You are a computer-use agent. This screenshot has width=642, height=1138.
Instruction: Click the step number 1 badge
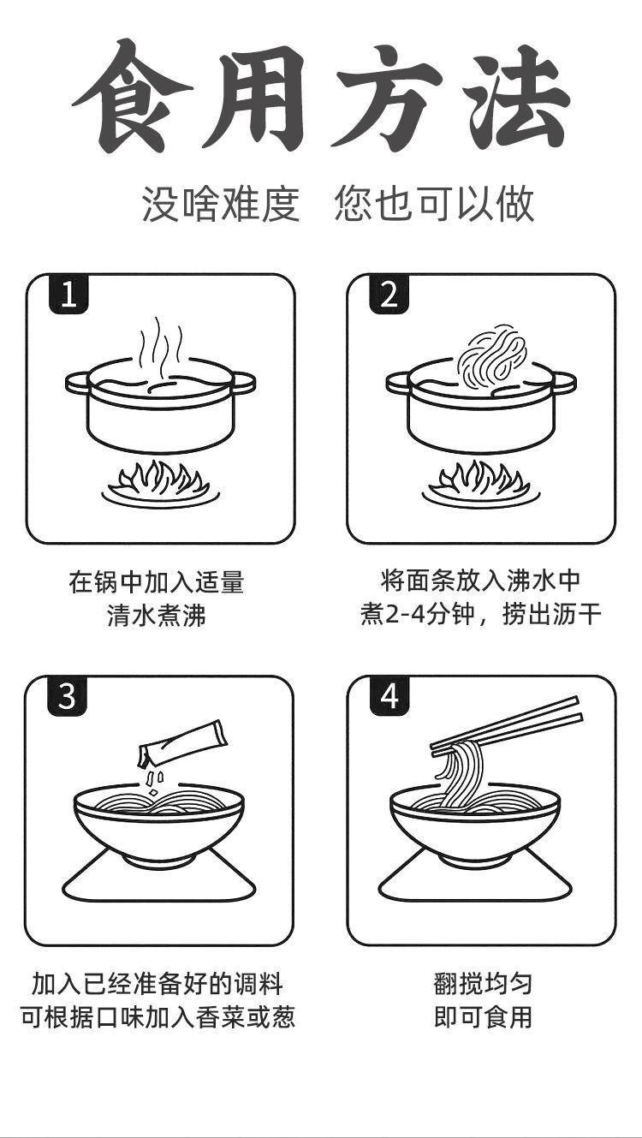click(x=68, y=295)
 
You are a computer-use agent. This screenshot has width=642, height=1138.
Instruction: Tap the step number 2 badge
click(x=389, y=295)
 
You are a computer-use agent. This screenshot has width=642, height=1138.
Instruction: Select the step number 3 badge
click(x=68, y=696)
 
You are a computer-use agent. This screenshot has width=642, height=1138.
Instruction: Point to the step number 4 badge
click(x=389, y=696)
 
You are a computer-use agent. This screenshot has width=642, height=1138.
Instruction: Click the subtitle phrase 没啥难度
click(x=221, y=204)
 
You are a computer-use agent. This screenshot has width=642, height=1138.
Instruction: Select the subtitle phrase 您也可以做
click(x=434, y=204)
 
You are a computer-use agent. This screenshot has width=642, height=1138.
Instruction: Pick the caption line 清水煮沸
click(x=157, y=616)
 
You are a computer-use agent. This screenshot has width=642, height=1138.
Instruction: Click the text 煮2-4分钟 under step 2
click(x=416, y=615)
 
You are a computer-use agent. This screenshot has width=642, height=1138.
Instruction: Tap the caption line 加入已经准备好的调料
click(x=158, y=983)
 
